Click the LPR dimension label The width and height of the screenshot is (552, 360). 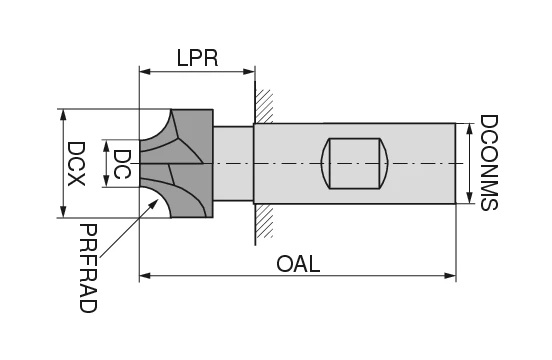click(197, 57)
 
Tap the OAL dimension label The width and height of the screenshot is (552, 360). click(298, 264)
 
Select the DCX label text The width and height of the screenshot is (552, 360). click(76, 162)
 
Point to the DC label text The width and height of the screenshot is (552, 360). click(122, 163)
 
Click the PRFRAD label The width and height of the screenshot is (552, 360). click(87, 268)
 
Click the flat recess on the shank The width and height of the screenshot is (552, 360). click(355, 163)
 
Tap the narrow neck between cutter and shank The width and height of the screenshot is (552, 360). click(233, 163)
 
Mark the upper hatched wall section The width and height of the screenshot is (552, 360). click(265, 106)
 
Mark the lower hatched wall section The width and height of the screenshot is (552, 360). click(264, 222)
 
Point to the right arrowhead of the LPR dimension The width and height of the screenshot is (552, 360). click(250, 71)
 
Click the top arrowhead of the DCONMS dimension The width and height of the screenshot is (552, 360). click(470, 127)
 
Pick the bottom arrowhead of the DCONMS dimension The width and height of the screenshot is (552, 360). click(470, 199)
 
